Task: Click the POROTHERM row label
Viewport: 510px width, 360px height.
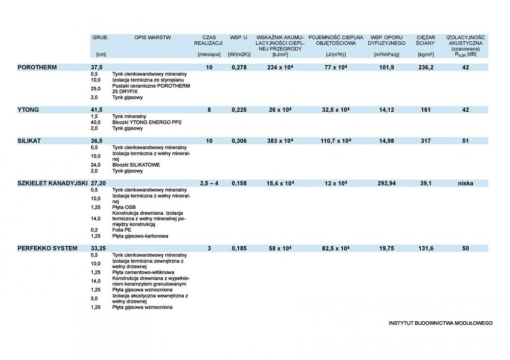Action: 37,67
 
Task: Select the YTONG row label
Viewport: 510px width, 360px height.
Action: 28,109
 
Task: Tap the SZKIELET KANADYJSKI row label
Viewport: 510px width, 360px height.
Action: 53,183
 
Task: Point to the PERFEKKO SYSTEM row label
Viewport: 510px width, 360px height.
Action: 47,248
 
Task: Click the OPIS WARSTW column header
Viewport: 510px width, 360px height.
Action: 152,38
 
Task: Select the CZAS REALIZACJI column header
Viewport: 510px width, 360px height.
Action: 209,41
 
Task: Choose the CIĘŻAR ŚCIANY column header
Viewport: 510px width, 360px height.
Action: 425,41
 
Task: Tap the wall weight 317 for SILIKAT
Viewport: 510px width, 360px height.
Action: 425,141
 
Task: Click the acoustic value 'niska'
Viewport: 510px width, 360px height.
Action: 465,183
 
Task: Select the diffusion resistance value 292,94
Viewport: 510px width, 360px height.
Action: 385,183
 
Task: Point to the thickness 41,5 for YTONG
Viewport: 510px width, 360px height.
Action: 97,109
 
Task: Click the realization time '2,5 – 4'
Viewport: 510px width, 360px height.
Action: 209,183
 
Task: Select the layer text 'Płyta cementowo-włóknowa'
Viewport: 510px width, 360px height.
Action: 143,272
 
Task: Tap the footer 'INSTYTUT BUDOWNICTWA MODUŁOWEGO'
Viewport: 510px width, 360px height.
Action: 440,323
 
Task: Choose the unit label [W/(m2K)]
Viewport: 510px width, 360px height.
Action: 239,54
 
